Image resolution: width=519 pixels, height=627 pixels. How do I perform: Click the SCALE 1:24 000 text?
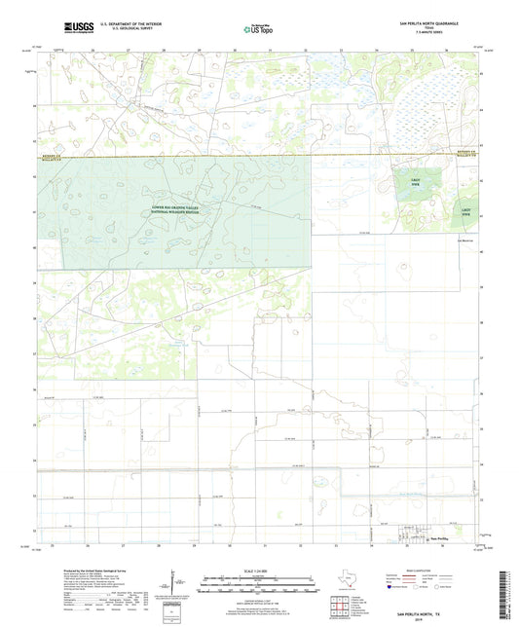[x=260, y=570]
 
